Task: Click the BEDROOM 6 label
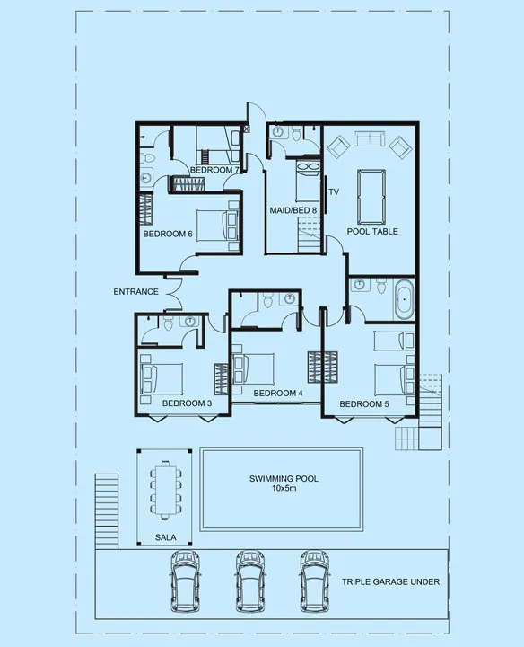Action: pyautogui.click(x=169, y=235)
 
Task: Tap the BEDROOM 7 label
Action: pyautogui.click(x=214, y=170)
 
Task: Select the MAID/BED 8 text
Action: pyautogui.click(x=293, y=210)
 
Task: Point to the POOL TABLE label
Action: pyautogui.click(x=373, y=231)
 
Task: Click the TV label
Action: pyautogui.click(x=334, y=192)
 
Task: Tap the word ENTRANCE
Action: pyautogui.click(x=135, y=292)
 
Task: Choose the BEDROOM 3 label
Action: pyautogui.click(x=187, y=403)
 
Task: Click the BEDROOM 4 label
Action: pyautogui.click(x=278, y=394)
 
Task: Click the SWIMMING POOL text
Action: pyautogui.click(x=284, y=479)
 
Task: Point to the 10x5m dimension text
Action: pyautogui.click(x=284, y=490)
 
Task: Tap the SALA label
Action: pyautogui.click(x=165, y=537)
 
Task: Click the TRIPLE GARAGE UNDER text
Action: pyautogui.click(x=390, y=582)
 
